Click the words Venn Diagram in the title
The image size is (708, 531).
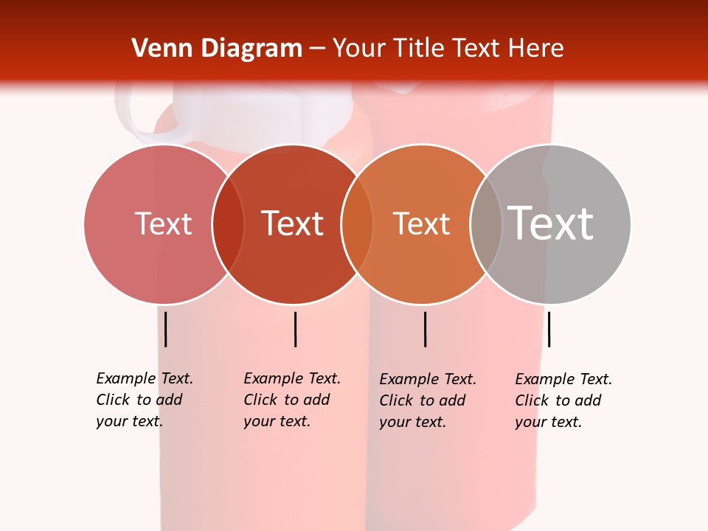(217, 49)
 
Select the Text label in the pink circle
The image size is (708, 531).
(163, 223)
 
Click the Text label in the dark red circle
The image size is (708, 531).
(293, 223)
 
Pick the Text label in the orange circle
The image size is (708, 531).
(421, 223)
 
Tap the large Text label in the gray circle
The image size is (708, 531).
(550, 223)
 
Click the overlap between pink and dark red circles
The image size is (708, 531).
(228, 223)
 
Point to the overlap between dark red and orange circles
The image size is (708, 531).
(357, 223)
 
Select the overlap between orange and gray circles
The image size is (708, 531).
(486, 223)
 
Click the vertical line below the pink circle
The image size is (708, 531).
(165, 329)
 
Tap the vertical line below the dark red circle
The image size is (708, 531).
(295, 329)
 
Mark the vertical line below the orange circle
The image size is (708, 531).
(425, 329)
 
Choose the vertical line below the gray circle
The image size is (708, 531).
(549, 329)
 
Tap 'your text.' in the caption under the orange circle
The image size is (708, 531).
(412, 422)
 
